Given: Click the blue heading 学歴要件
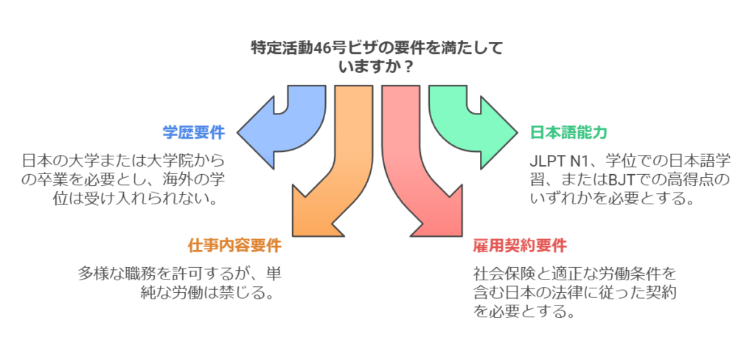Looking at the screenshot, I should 193,133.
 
